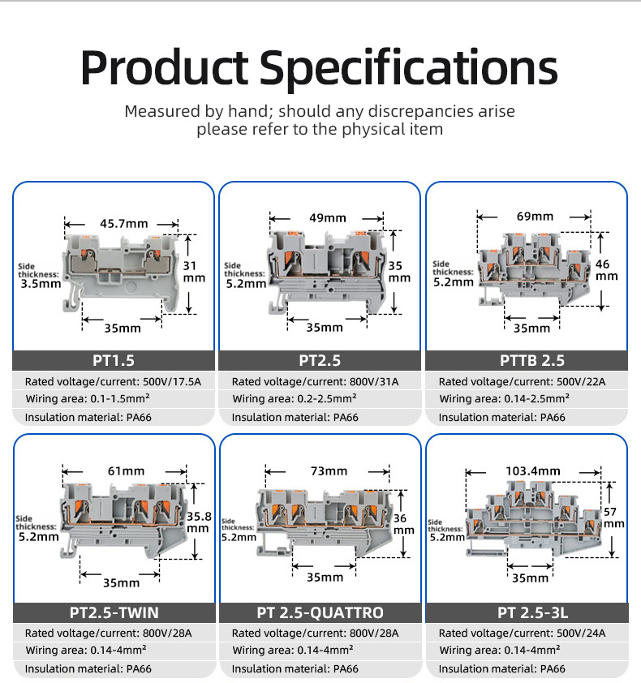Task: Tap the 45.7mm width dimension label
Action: tap(123, 223)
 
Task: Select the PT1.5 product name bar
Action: tap(113, 360)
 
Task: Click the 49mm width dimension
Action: tap(328, 217)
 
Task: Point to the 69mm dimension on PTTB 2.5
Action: tap(535, 216)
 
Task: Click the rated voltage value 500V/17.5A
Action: tap(167, 381)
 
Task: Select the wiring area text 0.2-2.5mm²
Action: tap(320, 399)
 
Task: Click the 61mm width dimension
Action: tap(127, 470)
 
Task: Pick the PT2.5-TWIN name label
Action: tap(113, 612)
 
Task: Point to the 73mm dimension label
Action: tap(329, 470)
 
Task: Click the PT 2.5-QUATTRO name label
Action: tap(320, 612)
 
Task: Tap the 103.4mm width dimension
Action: tap(533, 470)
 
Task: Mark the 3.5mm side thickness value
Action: tap(41, 285)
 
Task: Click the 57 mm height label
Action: tap(613, 518)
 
